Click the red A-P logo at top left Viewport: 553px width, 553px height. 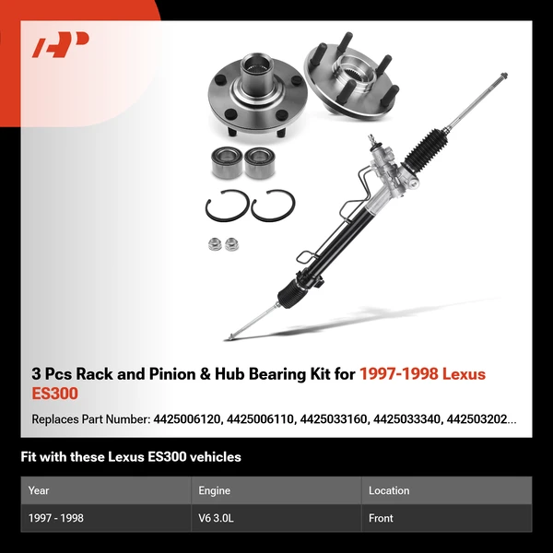point(61,45)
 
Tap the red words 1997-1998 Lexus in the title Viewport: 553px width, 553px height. point(421,374)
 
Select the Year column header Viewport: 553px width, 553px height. point(39,490)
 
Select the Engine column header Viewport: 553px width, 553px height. point(214,490)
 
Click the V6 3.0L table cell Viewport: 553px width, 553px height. point(217,518)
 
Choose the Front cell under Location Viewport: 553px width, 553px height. point(381,518)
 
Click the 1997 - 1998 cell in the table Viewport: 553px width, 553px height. point(56,518)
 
